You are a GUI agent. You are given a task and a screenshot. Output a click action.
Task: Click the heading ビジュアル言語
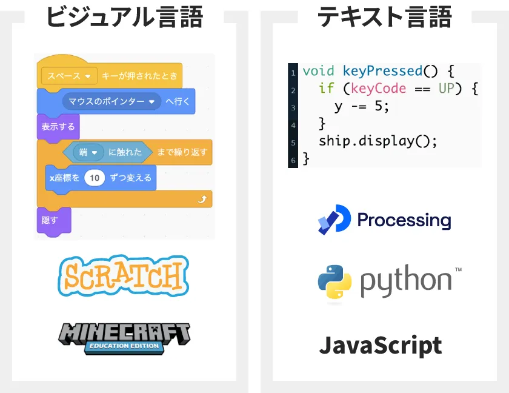click(x=124, y=17)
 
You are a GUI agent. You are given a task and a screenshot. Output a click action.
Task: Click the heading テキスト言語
click(x=384, y=17)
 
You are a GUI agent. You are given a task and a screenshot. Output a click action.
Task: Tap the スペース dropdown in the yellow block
click(x=69, y=76)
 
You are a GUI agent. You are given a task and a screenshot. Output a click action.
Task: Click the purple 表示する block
click(x=58, y=127)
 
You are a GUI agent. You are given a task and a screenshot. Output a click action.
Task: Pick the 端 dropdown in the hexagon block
click(x=88, y=152)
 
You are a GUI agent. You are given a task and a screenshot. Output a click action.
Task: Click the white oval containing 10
click(x=94, y=178)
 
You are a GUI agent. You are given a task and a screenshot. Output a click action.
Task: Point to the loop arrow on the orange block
click(x=202, y=199)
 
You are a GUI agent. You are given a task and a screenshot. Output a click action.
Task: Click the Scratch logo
click(x=124, y=276)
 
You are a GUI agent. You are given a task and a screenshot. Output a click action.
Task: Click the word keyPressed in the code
click(x=382, y=71)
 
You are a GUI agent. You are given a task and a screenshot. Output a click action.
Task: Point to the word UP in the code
click(x=447, y=89)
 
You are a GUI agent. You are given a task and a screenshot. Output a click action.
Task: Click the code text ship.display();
click(x=378, y=141)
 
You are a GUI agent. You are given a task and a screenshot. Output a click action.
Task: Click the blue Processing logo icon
click(x=334, y=220)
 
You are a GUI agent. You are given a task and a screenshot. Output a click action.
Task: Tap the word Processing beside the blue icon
click(x=404, y=220)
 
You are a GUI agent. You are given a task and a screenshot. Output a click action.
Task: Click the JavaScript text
click(x=380, y=346)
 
